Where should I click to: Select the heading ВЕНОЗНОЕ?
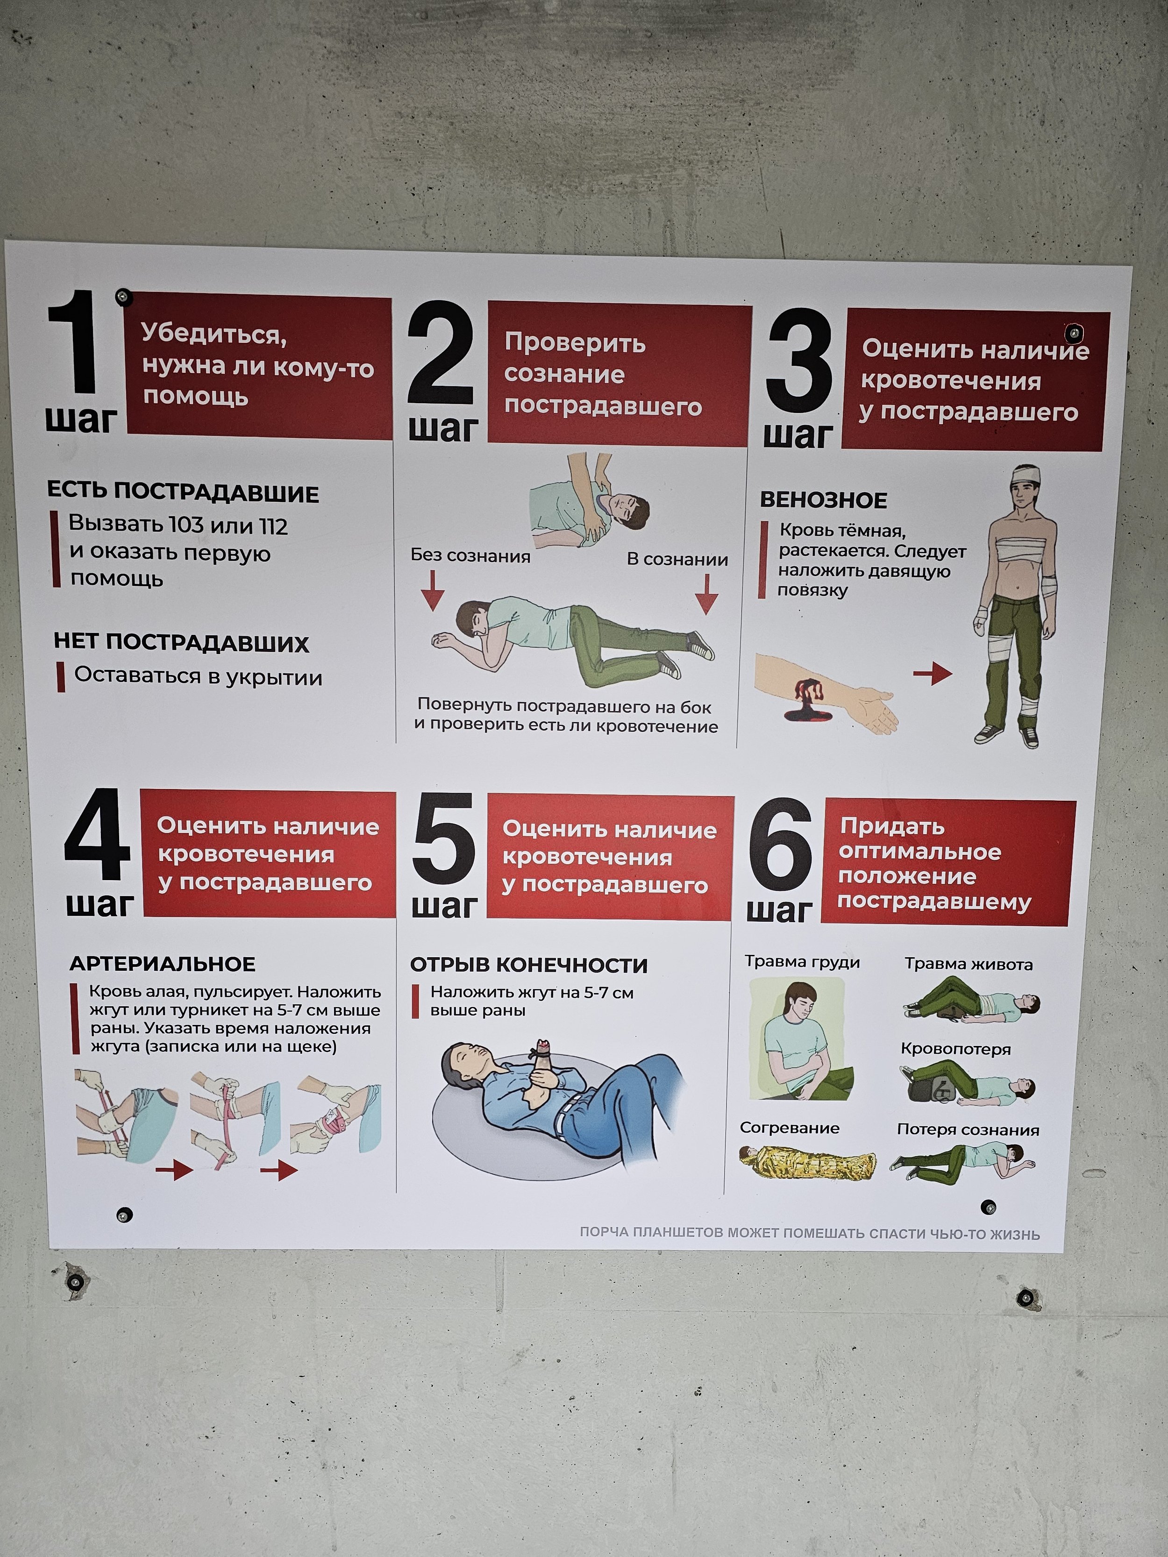click(823, 500)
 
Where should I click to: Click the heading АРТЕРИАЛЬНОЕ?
click(163, 964)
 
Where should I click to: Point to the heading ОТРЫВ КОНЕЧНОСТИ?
click(529, 965)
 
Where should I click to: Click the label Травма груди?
click(803, 962)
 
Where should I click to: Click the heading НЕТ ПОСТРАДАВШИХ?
click(182, 643)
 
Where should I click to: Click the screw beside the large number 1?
click(124, 296)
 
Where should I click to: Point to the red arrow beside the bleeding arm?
click(933, 674)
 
